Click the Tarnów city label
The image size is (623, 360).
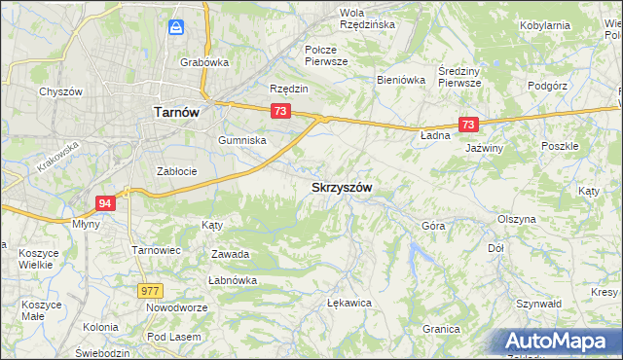coord(177,112)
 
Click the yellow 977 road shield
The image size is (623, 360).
coord(150,290)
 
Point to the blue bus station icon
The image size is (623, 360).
coord(176,28)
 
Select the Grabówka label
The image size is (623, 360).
coord(204,62)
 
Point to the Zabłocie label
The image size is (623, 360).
coord(177,171)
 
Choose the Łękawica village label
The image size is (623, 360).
coord(350,303)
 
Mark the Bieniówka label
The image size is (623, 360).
coord(402,80)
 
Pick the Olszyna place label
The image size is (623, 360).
coord(516,219)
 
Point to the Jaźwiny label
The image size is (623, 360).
coord(484,148)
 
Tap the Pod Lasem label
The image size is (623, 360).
coord(168,336)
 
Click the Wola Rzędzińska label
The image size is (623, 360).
coord(366,18)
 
